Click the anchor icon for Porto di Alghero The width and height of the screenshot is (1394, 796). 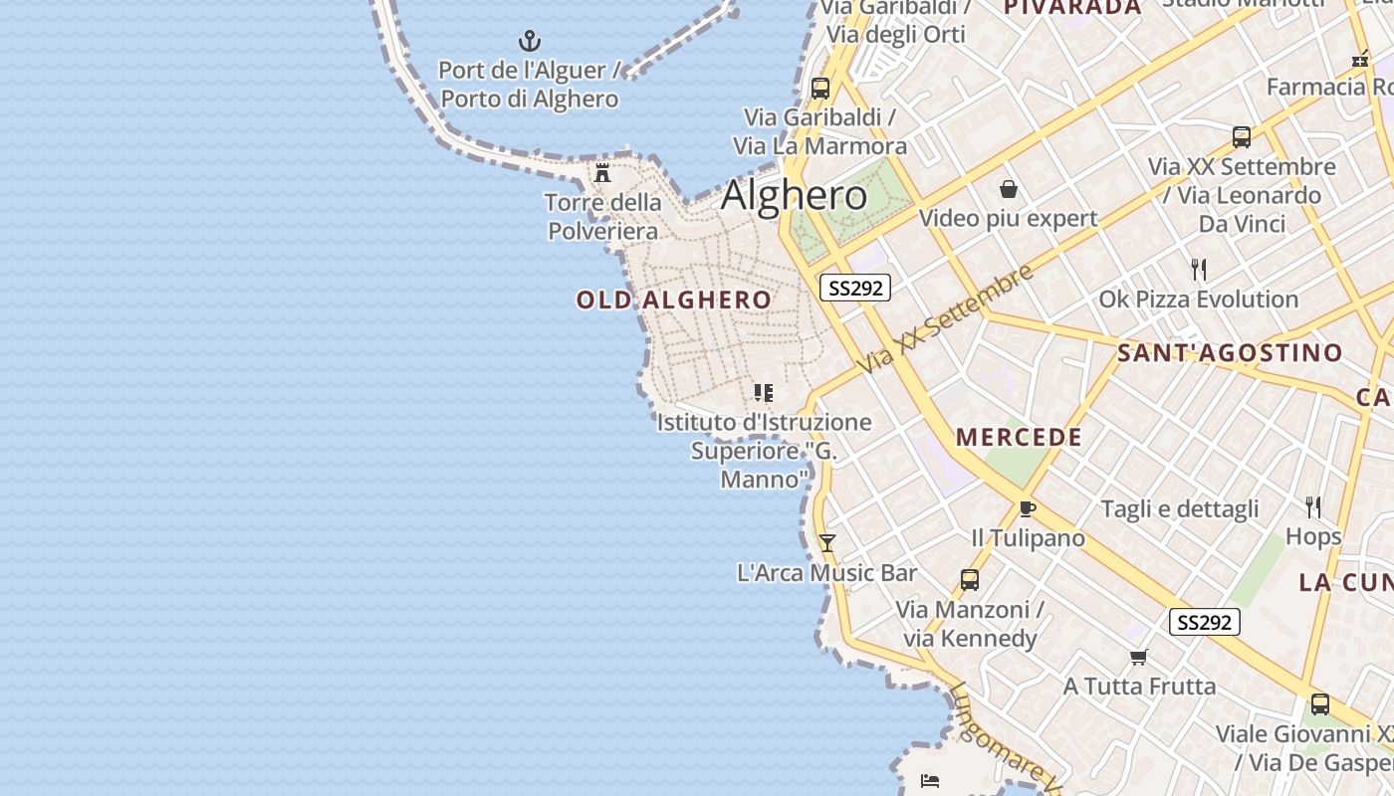point(530,41)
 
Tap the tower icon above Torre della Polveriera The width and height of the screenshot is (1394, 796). point(602,173)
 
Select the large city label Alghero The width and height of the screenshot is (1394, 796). point(794,195)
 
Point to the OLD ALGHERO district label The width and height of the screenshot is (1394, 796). point(674,299)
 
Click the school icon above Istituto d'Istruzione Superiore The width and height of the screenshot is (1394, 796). point(764,393)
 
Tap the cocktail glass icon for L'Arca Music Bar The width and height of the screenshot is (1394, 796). point(826,543)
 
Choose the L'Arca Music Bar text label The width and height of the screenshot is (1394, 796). point(826,573)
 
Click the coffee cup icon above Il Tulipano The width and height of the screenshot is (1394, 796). point(1028,509)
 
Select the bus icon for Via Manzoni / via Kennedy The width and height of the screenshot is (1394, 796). point(969,580)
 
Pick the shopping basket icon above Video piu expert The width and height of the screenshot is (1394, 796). point(1009,189)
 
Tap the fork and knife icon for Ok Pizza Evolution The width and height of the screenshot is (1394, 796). point(1199,270)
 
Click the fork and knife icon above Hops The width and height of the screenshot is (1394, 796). point(1313,507)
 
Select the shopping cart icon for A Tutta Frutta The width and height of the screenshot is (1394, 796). point(1139,657)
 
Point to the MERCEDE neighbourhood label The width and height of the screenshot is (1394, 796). point(1019,437)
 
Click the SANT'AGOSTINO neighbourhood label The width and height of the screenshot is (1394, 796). point(1230,352)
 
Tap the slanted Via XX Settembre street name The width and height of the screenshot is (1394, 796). point(946,319)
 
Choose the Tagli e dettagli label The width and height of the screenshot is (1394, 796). point(1180,509)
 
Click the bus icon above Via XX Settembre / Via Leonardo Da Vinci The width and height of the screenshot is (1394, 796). point(1241,137)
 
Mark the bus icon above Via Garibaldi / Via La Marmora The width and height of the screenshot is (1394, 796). point(819,88)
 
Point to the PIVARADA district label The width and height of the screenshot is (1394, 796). point(1071,8)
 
